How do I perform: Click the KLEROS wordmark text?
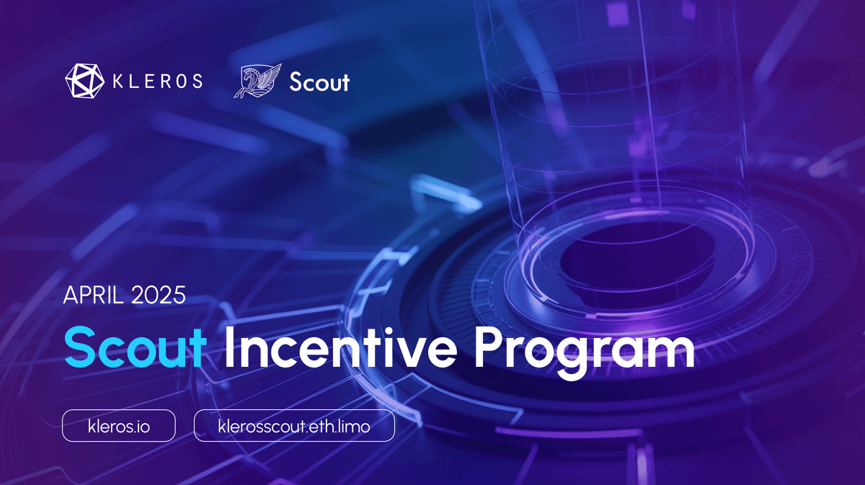point(157,81)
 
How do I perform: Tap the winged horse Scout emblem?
point(256,81)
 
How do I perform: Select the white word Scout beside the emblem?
point(319,82)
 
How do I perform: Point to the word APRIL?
point(90,295)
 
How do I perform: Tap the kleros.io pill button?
point(119,426)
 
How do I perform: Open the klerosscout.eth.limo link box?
point(294,426)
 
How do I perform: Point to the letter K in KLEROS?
point(117,81)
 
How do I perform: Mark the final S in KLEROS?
point(196,81)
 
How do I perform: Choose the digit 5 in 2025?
point(179,295)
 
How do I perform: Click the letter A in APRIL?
point(70,295)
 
